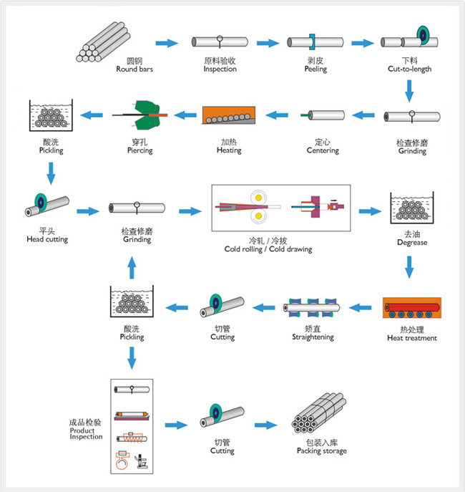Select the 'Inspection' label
[x=220, y=69]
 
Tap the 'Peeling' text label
[x=315, y=69]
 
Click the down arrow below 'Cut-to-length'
[x=410, y=90]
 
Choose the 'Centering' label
[x=322, y=150]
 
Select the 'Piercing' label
[x=139, y=150]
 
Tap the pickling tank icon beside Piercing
[x=51, y=117]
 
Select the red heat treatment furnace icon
[x=411, y=310]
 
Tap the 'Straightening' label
[x=313, y=337]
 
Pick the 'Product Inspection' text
[x=87, y=430]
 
